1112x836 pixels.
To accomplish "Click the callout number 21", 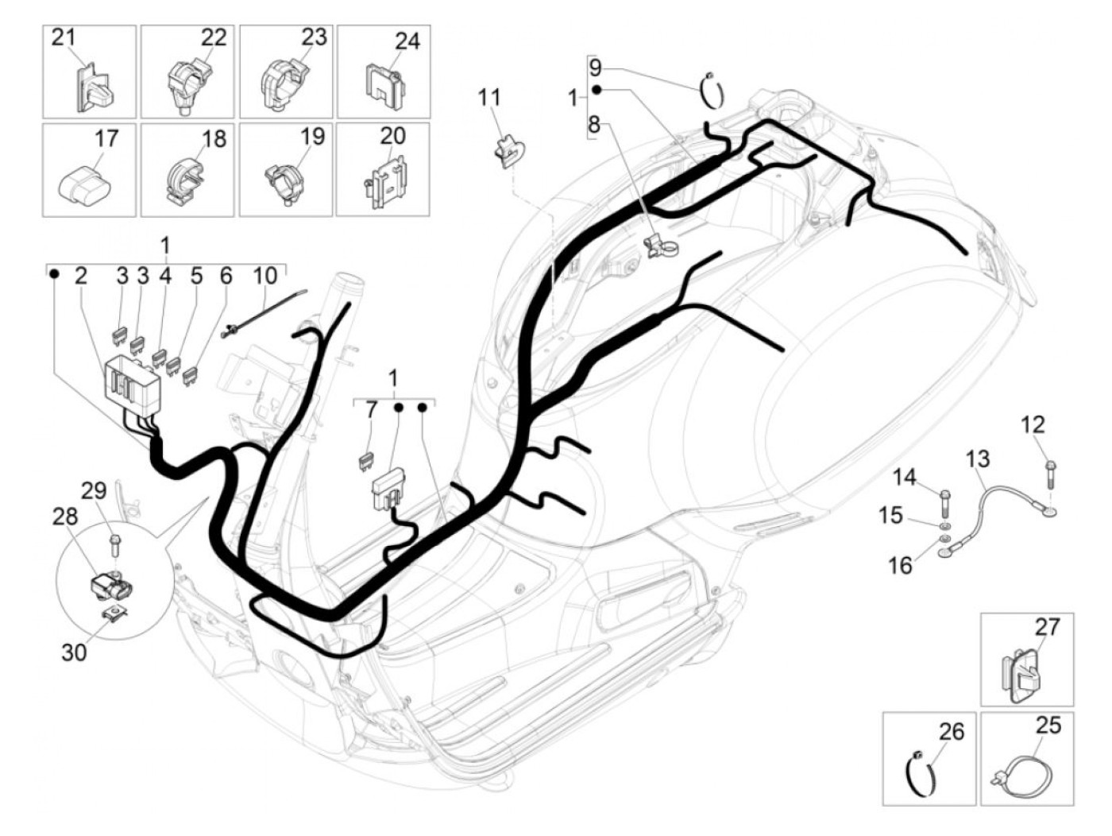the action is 63,37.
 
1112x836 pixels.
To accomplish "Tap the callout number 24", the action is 407,40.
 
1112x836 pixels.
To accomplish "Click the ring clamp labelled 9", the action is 712,91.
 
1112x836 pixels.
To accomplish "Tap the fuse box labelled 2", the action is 132,385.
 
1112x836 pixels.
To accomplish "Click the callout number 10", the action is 265,276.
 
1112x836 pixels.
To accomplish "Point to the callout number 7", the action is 371,409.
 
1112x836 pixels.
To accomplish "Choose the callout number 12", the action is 1033,424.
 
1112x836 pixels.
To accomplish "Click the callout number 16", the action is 900,566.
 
